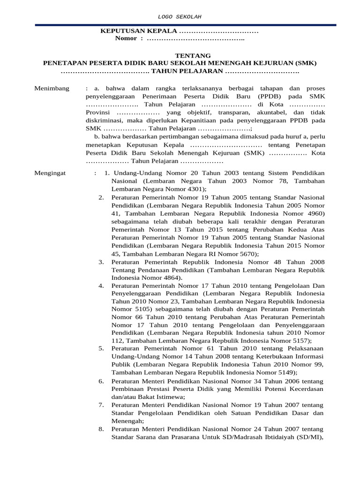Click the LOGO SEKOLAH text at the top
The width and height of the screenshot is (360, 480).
pyautogui.click(x=180, y=17)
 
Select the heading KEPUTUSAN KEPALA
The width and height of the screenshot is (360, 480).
pyautogui.click(x=139, y=31)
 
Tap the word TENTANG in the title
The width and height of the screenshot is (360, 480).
pyautogui.click(x=180, y=55)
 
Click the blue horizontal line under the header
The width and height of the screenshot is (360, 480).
pyautogui.click(x=180, y=25)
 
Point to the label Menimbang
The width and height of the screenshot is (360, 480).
pyautogui.click(x=52, y=89)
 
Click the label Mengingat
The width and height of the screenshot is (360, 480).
pyautogui.click(x=51, y=173)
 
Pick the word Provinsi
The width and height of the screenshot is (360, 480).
pyautogui.click(x=99, y=112)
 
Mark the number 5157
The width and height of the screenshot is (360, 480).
pyautogui.click(x=298, y=340)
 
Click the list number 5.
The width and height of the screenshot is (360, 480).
pyautogui.click(x=101, y=349)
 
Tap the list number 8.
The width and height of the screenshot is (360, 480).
pyautogui.click(x=101, y=429)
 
